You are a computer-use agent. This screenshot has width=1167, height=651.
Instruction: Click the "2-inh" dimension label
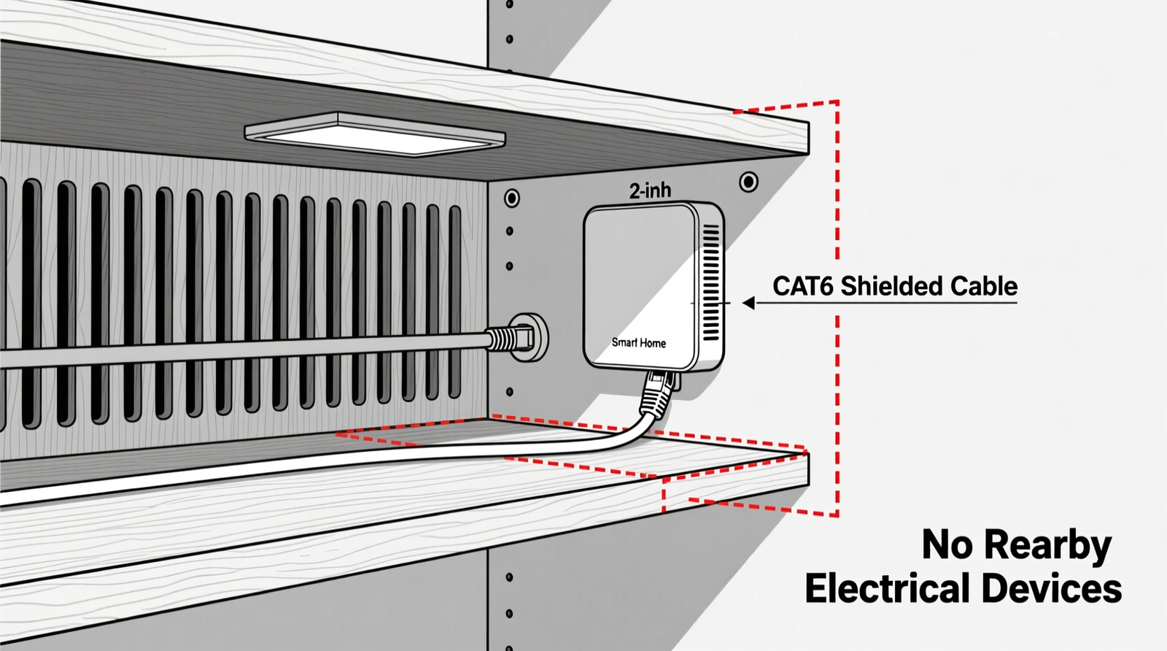[650, 190]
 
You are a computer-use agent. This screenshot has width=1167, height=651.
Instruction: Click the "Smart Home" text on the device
[638, 342]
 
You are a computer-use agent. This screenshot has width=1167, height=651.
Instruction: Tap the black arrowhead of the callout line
[748, 302]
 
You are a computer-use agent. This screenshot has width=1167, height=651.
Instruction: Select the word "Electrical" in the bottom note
[888, 589]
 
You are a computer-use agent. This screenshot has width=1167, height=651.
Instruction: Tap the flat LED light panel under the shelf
[375, 134]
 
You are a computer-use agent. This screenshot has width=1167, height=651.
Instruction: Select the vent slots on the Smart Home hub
[710, 285]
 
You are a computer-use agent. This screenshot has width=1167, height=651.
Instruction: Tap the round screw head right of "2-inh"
[748, 182]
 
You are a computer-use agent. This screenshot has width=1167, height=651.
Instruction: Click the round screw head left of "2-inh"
[512, 198]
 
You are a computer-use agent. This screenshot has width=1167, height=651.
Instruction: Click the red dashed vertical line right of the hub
[837, 219]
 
